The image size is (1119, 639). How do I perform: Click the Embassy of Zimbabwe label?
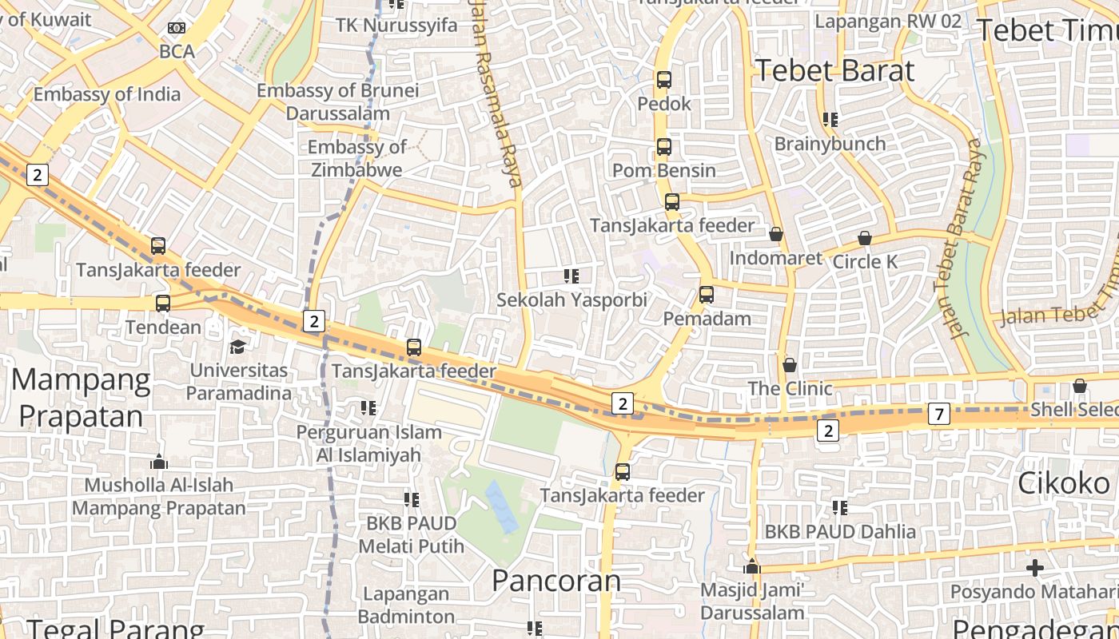point(357,158)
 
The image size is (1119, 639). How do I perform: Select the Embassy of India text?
point(107,94)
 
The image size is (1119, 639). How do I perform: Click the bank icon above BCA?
point(177,29)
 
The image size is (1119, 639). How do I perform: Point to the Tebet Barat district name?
point(834,70)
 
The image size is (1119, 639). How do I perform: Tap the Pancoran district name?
point(556,581)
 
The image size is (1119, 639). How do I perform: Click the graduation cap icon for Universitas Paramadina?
point(238,347)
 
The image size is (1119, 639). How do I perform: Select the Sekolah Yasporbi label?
point(571,300)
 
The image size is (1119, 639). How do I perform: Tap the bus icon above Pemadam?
point(707,295)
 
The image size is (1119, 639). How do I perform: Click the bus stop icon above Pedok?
point(664,80)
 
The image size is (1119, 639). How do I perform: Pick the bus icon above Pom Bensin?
point(664,147)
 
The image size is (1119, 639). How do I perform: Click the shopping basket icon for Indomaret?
point(775,234)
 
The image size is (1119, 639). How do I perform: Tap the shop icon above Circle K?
point(865,238)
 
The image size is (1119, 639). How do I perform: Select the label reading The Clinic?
point(790,389)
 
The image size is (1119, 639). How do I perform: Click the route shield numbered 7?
point(938,414)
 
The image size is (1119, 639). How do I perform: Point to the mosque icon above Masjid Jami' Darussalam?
point(751,566)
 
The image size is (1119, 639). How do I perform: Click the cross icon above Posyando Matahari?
point(1035,568)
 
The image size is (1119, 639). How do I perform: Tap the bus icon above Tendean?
point(163,304)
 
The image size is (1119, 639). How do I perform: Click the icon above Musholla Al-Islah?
point(159,462)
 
